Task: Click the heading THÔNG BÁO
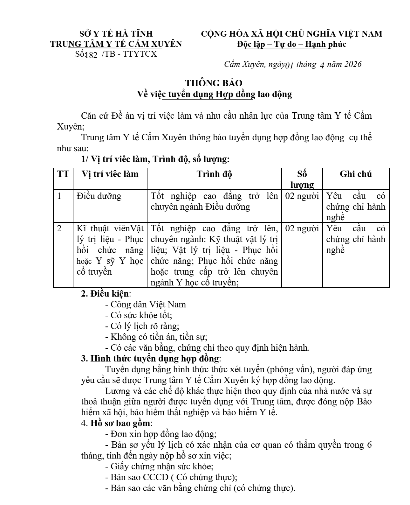(x=214, y=83)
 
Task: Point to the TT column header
(x=63, y=174)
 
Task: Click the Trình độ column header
(x=214, y=174)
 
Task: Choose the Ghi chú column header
(x=356, y=174)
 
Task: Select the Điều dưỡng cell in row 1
(x=99, y=196)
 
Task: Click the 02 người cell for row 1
(x=302, y=196)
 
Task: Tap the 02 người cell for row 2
(x=302, y=228)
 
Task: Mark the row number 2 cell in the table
(x=59, y=228)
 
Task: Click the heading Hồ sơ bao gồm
(x=121, y=423)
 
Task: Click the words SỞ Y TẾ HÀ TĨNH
(x=116, y=34)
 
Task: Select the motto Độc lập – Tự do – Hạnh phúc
(x=291, y=44)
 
